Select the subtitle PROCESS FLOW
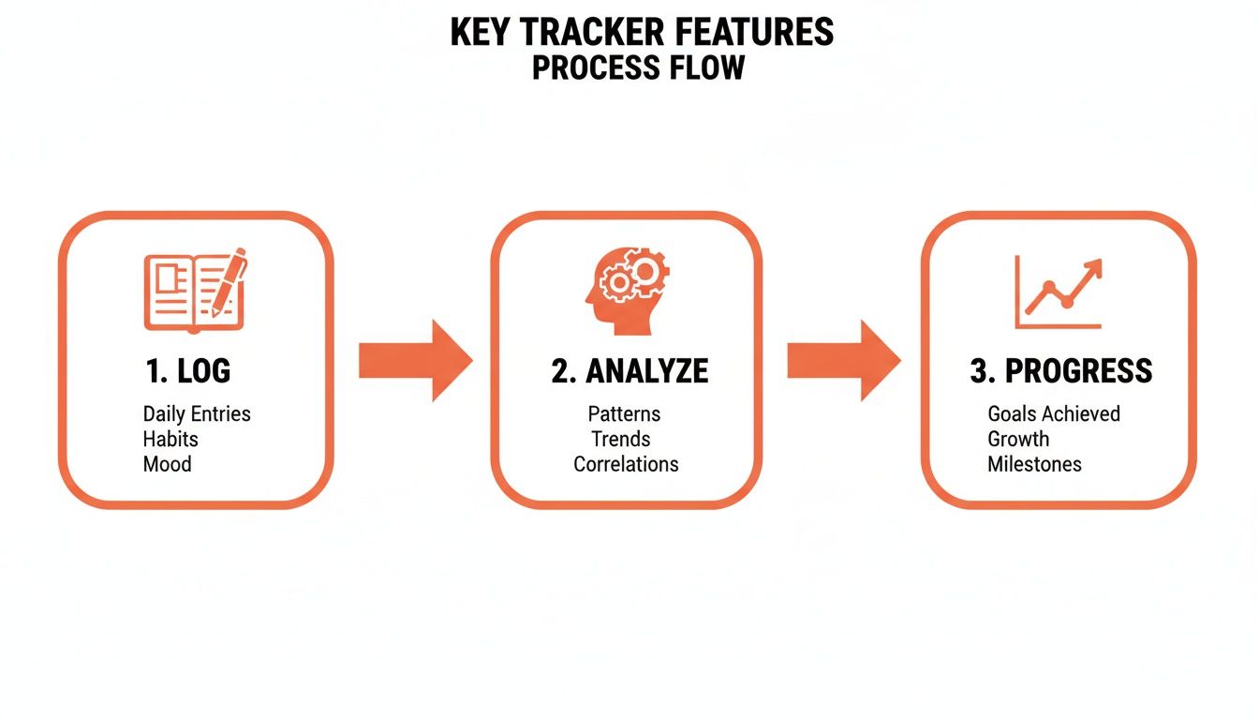pyautogui.click(x=638, y=67)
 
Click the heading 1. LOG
pyautogui.click(x=188, y=371)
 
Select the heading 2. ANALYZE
pyautogui.click(x=629, y=371)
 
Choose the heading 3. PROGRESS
pyautogui.click(x=1060, y=371)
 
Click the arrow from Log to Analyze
pyautogui.click(x=415, y=360)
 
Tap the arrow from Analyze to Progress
pyautogui.click(x=842, y=360)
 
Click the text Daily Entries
pyautogui.click(x=197, y=414)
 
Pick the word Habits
pyautogui.click(x=170, y=439)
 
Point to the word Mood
pyautogui.click(x=167, y=464)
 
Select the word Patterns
pyautogui.click(x=624, y=414)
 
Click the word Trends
pyautogui.click(x=620, y=439)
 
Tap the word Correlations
pyautogui.click(x=626, y=464)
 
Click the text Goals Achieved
pyautogui.click(x=1054, y=414)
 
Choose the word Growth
pyautogui.click(x=1018, y=439)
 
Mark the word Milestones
pyautogui.click(x=1034, y=464)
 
